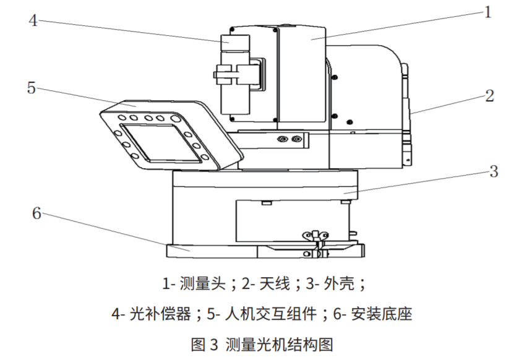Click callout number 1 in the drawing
[x=487, y=12]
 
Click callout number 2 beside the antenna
[x=489, y=96]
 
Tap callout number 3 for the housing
[x=494, y=171]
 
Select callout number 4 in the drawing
[x=33, y=20]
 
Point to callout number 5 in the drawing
[x=31, y=88]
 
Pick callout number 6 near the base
[x=36, y=213]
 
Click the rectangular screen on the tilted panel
[x=161, y=143]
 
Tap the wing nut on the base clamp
[x=316, y=235]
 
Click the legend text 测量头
[x=202, y=285]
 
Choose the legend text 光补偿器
[x=160, y=314]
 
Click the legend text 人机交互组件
[x=271, y=314]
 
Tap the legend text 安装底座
[x=382, y=314]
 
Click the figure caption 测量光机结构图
[x=279, y=345]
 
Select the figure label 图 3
[x=205, y=345]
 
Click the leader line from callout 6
[x=116, y=232]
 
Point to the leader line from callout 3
[x=416, y=182]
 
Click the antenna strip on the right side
[x=407, y=114]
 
